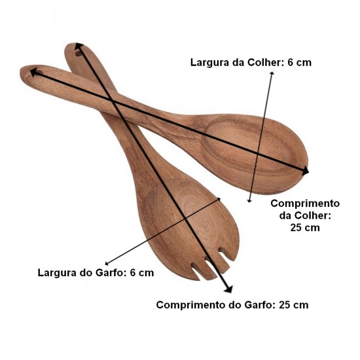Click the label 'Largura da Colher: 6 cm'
coord(251,62)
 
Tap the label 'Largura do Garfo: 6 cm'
coord(96,273)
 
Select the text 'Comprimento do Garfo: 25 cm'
coord(232,305)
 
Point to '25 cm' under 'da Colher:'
coord(305,228)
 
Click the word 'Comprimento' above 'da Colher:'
coord(305,204)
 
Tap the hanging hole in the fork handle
coord(78,54)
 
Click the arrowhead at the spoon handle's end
coord(34,72)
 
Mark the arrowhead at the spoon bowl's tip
coord(305,171)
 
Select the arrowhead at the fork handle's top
coord(79,46)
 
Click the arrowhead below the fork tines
coord(228,289)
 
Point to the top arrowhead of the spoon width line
coord(272,73)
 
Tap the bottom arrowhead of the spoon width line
coord(249,200)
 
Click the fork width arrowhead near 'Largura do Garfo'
coord(107,263)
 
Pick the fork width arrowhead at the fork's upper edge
coord(219,199)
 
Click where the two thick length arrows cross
coord(111,101)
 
